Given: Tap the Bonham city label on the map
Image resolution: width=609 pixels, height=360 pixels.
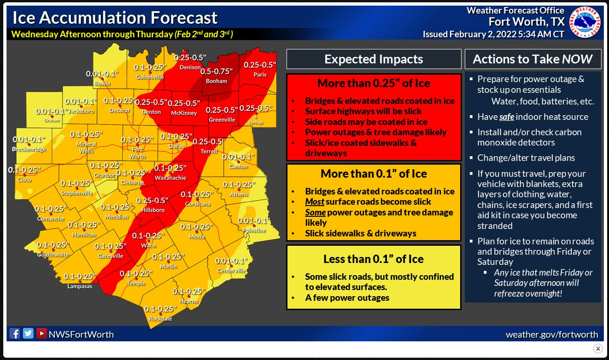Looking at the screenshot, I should point(217,81).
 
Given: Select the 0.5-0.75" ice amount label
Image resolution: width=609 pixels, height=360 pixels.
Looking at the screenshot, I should point(217,72).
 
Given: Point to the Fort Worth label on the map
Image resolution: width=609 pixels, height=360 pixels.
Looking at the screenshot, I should point(137,153).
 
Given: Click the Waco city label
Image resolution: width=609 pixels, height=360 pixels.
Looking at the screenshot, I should point(148,245).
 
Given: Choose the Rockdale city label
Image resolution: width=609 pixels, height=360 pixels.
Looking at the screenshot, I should point(160,318).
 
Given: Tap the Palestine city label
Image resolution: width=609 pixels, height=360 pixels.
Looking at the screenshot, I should point(254,230).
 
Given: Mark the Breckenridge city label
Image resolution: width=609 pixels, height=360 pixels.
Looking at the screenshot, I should point(29,149).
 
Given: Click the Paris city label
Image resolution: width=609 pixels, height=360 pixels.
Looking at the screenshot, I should point(260,75).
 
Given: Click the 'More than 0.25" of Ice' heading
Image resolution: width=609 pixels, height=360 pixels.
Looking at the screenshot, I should point(374,83).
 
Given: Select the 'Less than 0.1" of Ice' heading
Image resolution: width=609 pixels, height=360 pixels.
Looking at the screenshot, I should point(374,259).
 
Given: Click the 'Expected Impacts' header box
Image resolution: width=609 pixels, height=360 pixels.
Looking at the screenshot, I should point(374,59).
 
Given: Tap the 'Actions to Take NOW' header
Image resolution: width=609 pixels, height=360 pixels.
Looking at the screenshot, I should point(532,59).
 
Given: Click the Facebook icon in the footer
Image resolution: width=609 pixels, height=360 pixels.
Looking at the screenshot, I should point(15,334).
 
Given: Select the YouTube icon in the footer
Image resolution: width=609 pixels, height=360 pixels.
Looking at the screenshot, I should point(42,334).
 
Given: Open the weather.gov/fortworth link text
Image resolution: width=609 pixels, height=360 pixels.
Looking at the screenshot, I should point(552,334).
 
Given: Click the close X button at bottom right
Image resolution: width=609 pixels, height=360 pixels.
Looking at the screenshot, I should point(598,348).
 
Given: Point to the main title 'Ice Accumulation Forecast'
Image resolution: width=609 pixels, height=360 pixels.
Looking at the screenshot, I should point(115,18).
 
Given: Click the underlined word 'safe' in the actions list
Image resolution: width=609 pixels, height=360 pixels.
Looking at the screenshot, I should point(506,117).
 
